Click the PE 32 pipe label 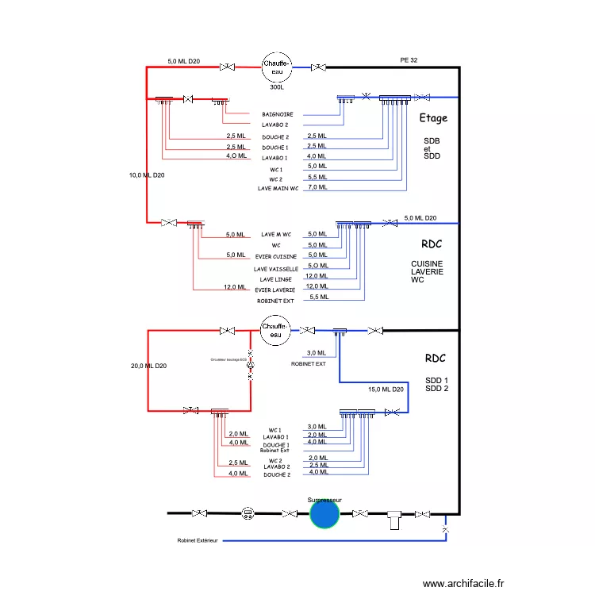point(409,60)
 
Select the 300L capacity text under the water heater point(277,87)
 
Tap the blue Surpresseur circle point(324,514)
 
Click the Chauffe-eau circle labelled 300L point(277,67)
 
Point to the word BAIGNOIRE point(277,114)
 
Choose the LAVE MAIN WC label point(278,189)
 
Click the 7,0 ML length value point(317,187)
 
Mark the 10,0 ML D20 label point(146,175)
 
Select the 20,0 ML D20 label point(148,366)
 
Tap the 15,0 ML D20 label point(386,390)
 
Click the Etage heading point(433,118)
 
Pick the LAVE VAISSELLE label point(276,269)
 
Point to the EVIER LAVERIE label point(276,290)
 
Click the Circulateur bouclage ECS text point(228,359)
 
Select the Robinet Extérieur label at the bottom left point(198,541)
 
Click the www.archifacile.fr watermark point(463,583)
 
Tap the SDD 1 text point(436,380)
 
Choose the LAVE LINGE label point(277,279)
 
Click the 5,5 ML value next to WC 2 point(317,177)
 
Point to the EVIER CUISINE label point(276,257)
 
